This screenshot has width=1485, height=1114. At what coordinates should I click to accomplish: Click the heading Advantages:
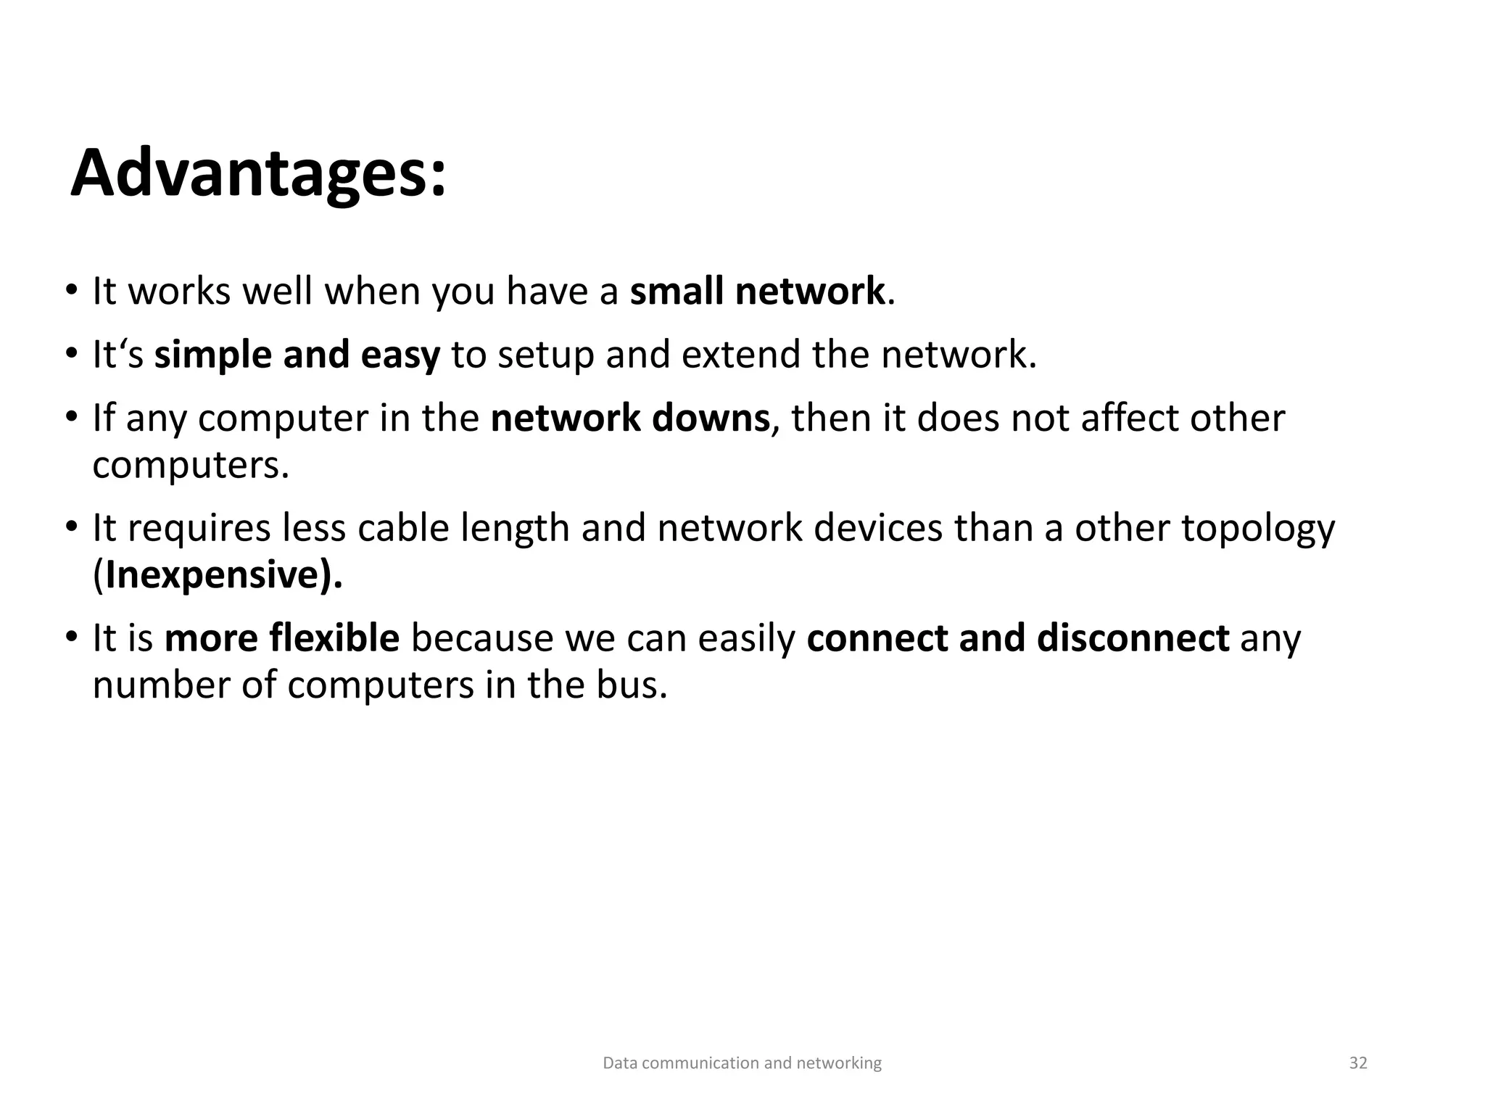coord(258,174)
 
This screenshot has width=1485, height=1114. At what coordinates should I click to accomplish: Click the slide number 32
coord(1358,1063)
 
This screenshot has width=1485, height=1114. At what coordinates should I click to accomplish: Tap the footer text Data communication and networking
coord(742,1063)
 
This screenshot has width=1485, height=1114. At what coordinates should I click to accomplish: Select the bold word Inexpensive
coord(212,575)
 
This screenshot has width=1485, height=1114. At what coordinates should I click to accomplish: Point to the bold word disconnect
coord(1133,638)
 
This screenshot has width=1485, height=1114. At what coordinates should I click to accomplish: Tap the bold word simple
coord(213,355)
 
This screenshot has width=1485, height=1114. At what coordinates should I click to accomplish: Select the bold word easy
coord(400,355)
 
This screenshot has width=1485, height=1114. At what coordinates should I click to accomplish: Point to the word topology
coord(1258,529)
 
